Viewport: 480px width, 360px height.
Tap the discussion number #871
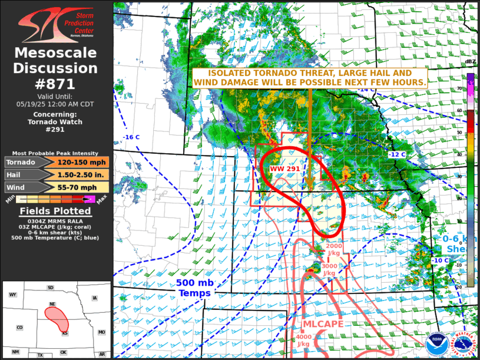pyautogui.click(x=57, y=83)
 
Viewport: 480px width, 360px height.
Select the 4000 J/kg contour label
pyautogui.click(x=303, y=340)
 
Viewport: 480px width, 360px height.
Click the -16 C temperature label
pyautogui.click(x=131, y=137)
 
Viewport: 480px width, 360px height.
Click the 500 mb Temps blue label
pyautogui.click(x=195, y=288)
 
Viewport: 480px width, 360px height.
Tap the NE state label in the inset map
pyautogui.click(x=52, y=304)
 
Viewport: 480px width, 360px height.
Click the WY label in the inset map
pyautogui.click(x=12, y=294)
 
